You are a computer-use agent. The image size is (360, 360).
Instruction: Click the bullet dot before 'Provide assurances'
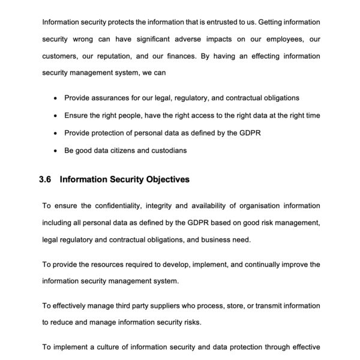pos(56,98)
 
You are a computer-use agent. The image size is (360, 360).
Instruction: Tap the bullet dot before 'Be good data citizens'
pos(56,151)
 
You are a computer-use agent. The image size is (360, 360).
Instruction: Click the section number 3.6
pos(46,179)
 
